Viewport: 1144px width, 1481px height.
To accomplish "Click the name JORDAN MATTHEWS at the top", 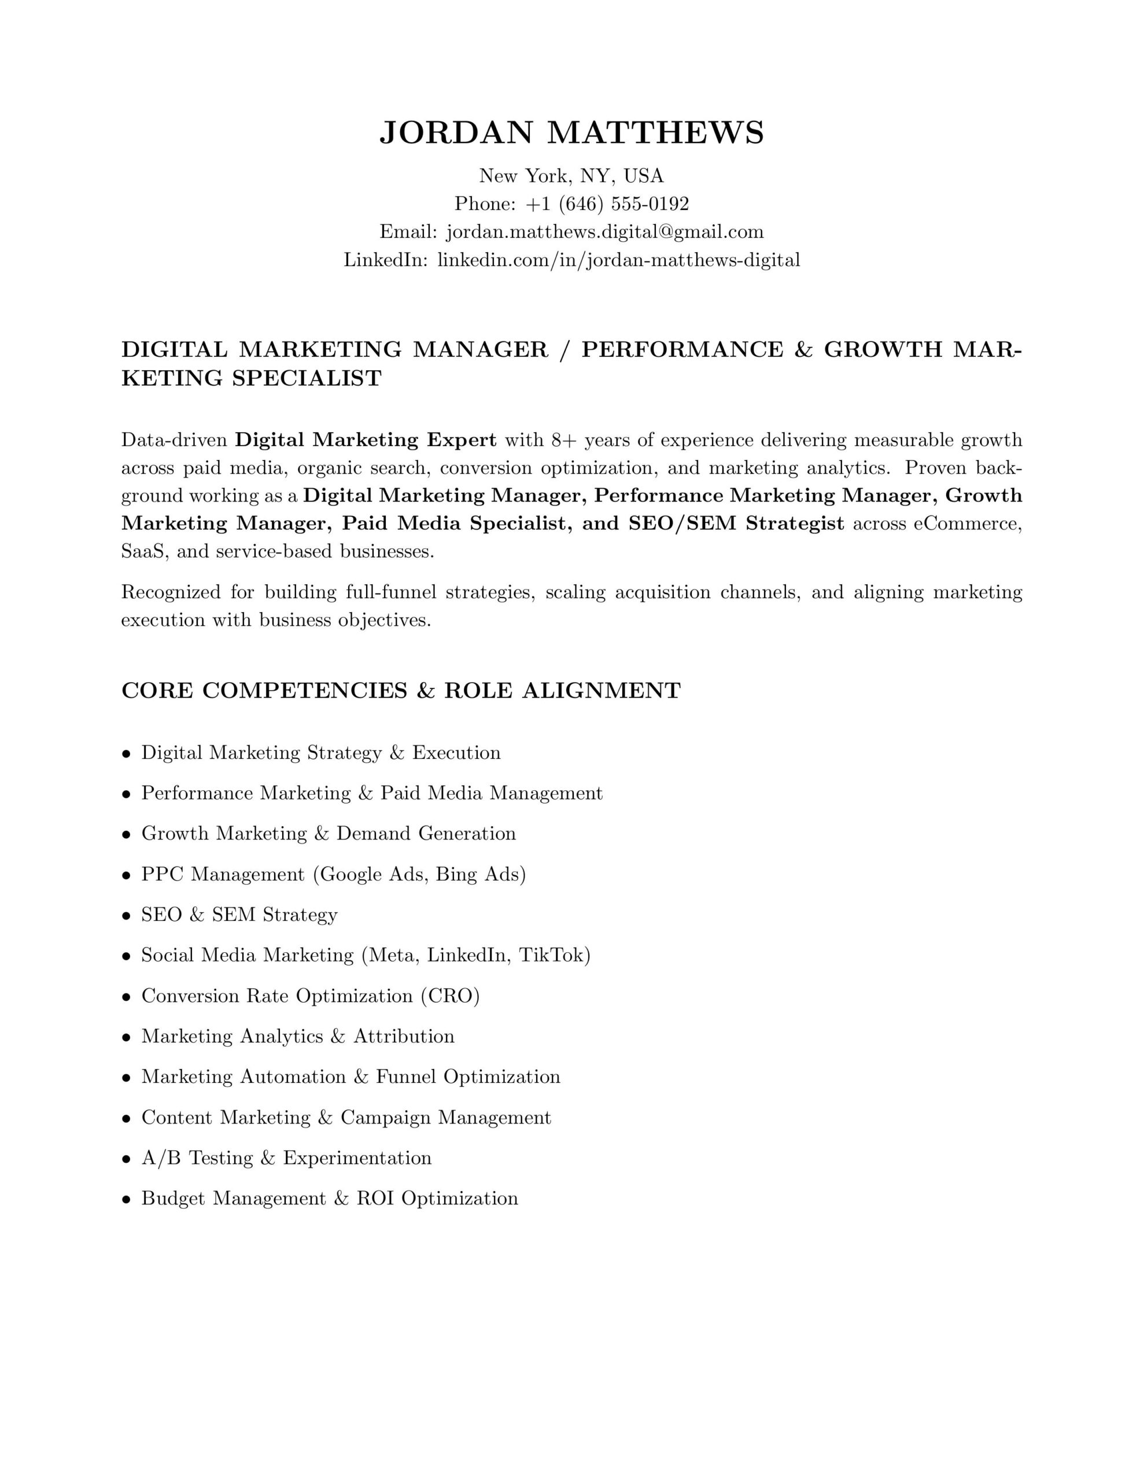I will [x=571, y=132].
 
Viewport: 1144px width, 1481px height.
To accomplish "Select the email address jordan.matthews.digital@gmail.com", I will [x=605, y=232].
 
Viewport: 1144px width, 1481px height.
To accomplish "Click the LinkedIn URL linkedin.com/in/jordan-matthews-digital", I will [x=618, y=260].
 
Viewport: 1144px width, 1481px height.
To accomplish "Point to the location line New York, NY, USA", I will [x=571, y=176].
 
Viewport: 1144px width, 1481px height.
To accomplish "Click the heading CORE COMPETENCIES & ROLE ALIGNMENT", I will [x=401, y=690].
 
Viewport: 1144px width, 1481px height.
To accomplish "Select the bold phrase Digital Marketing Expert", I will [x=366, y=440].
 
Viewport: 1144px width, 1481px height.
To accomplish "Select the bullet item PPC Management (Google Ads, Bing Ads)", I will [x=333, y=874].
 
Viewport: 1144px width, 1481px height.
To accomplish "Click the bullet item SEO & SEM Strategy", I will [x=239, y=915].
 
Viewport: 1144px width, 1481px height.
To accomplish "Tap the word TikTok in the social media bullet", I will [x=554, y=956].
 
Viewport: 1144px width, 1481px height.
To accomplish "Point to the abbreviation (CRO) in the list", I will [x=449, y=996].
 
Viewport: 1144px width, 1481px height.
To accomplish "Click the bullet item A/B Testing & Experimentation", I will [x=286, y=1158].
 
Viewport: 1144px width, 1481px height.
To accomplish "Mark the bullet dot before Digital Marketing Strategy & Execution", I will [x=126, y=753].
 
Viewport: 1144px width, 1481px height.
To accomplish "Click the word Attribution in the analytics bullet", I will [x=404, y=1036].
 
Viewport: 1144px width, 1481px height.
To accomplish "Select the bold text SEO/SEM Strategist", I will [x=736, y=524].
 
